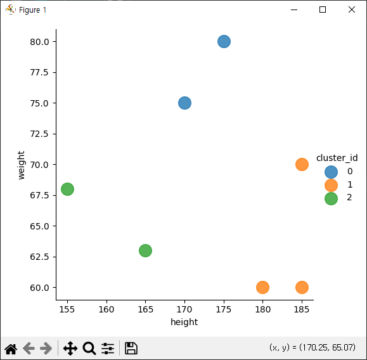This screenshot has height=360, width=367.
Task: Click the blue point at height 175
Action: tap(224, 41)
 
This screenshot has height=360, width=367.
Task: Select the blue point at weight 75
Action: tap(184, 103)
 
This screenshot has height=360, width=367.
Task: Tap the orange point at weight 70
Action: tap(302, 164)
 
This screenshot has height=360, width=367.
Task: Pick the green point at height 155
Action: tap(67, 189)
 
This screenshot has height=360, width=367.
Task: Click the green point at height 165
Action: tap(145, 250)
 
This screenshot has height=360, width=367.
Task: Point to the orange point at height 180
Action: tap(262, 287)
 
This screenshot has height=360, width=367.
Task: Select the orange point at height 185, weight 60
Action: tap(302, 287)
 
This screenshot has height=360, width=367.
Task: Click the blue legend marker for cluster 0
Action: tap(331, 172)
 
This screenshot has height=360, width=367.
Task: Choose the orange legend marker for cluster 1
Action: tap(331, 185)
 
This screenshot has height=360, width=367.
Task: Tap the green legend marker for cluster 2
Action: tap(331, 198)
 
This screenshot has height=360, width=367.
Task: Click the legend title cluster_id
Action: tap(337, 158)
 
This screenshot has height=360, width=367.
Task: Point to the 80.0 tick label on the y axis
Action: tap(39, 42)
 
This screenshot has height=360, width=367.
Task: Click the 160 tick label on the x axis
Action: tap(106, 309)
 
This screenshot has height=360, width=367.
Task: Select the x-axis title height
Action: tap(184, 322)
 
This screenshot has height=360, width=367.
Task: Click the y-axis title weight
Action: tap(21, 165)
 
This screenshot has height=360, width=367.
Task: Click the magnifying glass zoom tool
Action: tap(89, 349)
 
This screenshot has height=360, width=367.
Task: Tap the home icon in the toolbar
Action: tap(11, 349)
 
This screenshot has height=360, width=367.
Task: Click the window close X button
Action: tap(352, 10)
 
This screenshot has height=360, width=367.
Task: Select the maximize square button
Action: tap(323, 10)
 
